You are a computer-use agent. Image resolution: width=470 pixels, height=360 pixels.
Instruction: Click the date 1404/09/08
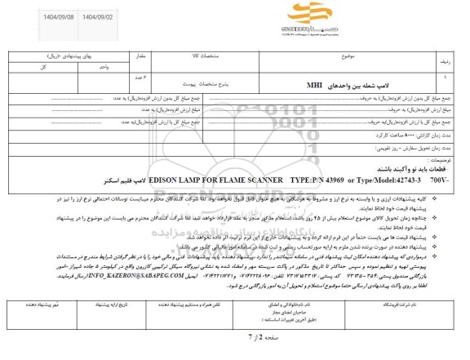point(32,15)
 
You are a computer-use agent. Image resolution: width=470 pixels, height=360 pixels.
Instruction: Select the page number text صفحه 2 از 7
point(235,336)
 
